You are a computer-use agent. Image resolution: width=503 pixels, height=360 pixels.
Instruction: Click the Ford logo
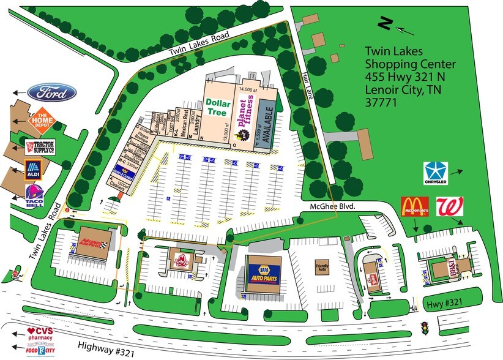pos(51,94)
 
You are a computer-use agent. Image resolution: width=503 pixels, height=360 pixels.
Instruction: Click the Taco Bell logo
pos(34,196)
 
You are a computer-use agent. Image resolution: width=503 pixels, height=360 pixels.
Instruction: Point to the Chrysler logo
pos(436,174)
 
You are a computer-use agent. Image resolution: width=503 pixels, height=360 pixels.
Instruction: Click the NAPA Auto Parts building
pos(264,274)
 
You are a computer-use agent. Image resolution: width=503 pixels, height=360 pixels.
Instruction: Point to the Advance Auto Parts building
pos(93,241)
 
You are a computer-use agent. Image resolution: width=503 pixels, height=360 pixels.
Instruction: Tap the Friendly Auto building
pos(322,268)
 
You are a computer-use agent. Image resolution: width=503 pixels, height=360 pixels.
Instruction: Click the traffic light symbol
pos(423,328)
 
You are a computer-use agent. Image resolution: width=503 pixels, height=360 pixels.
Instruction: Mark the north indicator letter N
pos(385,23)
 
